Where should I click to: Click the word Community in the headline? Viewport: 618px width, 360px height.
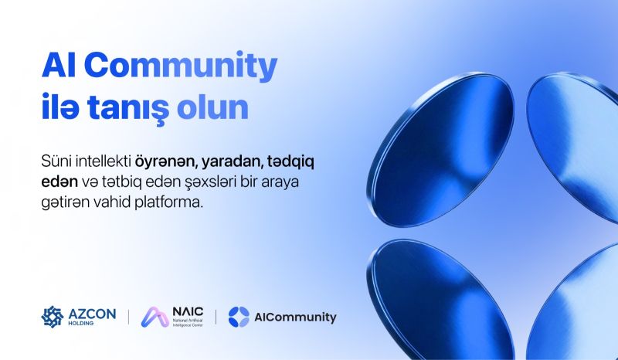tap(181, 66)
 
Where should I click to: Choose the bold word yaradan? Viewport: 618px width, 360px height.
tap(231, 162)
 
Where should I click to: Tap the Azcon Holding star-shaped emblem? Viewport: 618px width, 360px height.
tap(53, 317)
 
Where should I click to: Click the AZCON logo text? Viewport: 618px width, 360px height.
tap(92, 314)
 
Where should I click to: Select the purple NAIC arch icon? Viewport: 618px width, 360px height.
tap(155, 317)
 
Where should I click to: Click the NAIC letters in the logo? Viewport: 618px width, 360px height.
tap(188, 312)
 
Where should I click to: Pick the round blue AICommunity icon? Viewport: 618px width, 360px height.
tap(239, 317)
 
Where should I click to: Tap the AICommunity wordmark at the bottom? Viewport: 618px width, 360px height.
tap(295, 318)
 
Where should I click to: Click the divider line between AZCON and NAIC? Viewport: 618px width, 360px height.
tap(128, 317)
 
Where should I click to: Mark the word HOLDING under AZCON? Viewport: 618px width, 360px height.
tap(81, 324)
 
